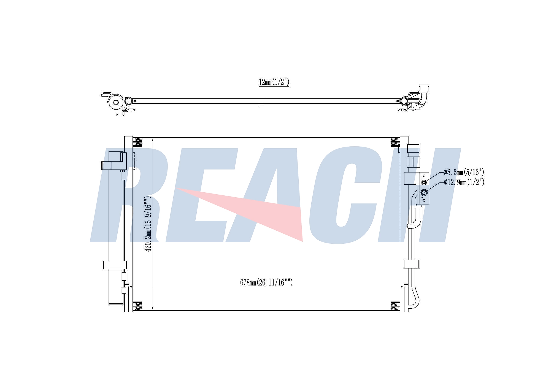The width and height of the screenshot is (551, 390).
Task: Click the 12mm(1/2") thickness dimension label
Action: tap(274, 82)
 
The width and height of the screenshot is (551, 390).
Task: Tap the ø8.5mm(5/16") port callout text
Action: tap(464, 172)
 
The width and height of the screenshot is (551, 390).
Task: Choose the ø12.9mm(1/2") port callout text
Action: tap(464, 182)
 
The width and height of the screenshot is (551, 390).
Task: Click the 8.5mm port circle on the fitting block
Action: tap(424, 182)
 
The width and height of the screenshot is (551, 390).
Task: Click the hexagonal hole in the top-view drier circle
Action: tap(116, 103)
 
